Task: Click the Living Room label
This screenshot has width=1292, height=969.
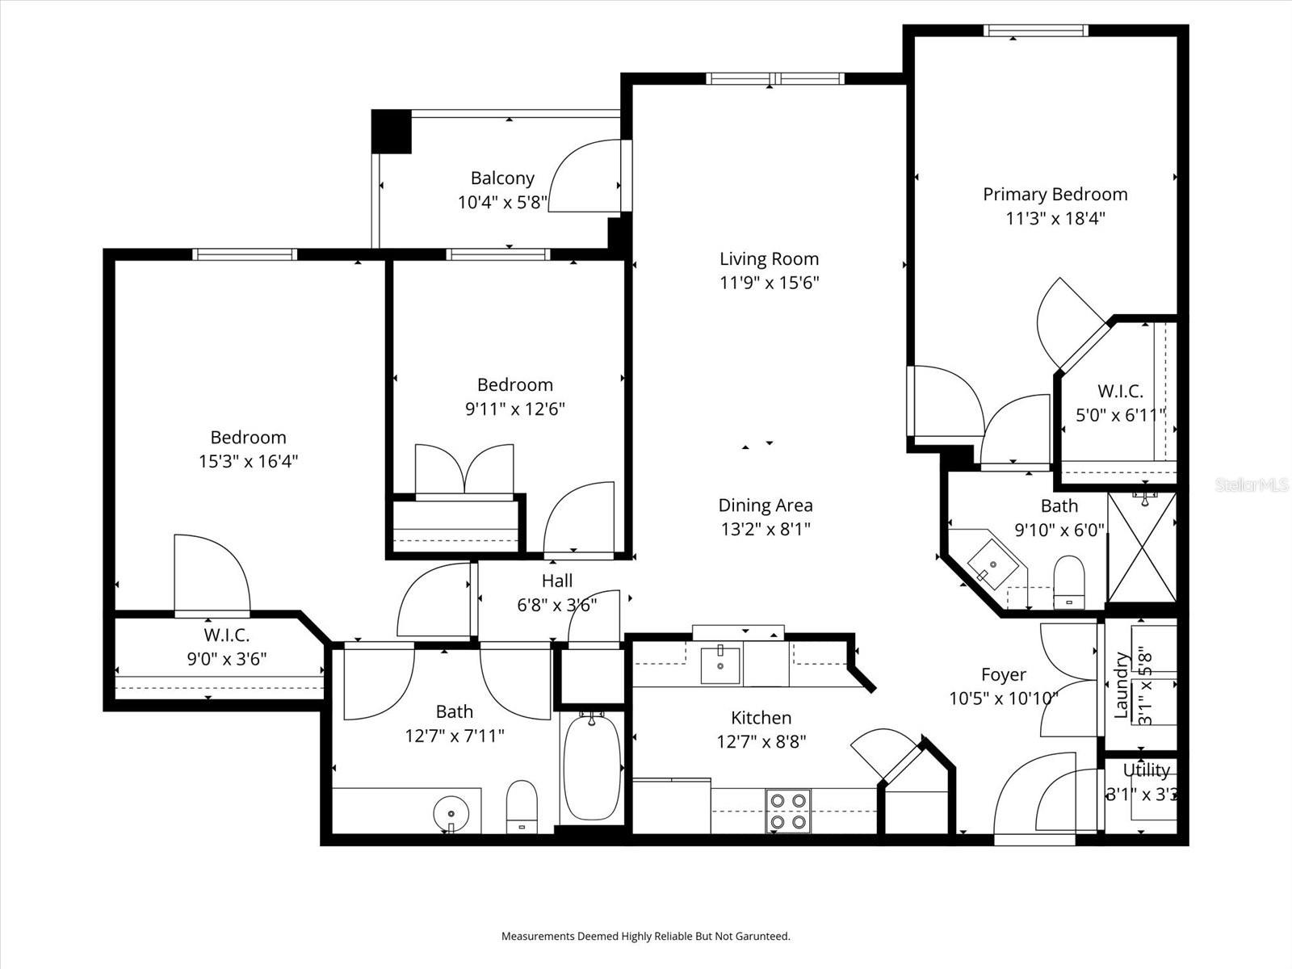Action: tap(769, 259)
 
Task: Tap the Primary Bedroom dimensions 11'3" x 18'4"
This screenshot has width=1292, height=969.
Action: tap(1055, 218)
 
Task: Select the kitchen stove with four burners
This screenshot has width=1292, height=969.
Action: tap(788, 811)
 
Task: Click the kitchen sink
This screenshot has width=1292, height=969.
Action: tap(719, 665)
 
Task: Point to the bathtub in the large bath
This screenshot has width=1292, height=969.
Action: tap(591, 768)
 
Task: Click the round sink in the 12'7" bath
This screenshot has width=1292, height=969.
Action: tap(450, 810)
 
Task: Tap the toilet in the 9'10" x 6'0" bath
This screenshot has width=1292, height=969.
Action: tap(1068, 581)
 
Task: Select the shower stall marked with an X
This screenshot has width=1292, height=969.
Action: tap(1142, 547)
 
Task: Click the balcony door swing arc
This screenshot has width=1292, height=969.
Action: tap(583, 176)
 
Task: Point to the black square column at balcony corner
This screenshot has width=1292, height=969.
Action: tap(392, 131)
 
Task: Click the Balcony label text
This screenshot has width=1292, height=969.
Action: tap(502, 178)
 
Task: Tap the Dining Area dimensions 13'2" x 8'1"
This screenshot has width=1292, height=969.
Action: tap(766, 530)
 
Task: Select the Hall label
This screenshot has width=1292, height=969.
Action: tap(557, 581)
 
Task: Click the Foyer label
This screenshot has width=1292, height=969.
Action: tap(1004, 674)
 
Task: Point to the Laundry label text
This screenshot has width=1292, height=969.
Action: tap(1121, 686)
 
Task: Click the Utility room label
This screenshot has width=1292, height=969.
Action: tap(1146, 770)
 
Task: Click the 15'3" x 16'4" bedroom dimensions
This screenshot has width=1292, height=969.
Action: tap(249, 462)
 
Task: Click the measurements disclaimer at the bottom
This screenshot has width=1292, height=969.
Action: tap(645, 937)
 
